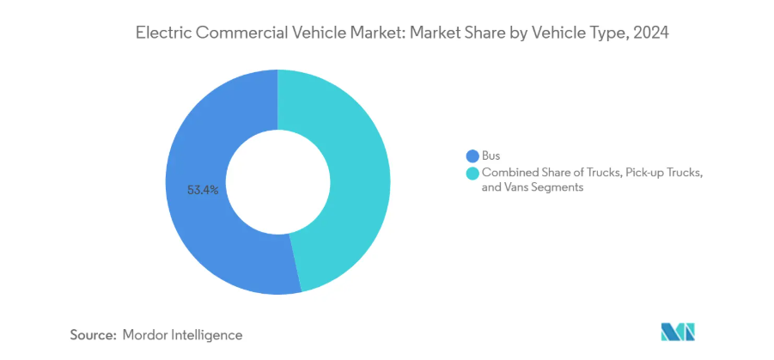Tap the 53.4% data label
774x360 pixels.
tap(203, 189)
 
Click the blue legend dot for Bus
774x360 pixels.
tap(472, 156)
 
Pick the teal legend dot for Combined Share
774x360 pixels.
tap(472, 174)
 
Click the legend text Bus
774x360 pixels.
tap(492, 156)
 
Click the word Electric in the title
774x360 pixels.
tap(163, 34)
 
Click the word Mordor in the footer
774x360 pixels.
tap(149, 334)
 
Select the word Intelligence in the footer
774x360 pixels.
tap(210, 334)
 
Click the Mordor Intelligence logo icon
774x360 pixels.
tap(677, 333)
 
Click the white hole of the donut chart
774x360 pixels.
tap(277, 181)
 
